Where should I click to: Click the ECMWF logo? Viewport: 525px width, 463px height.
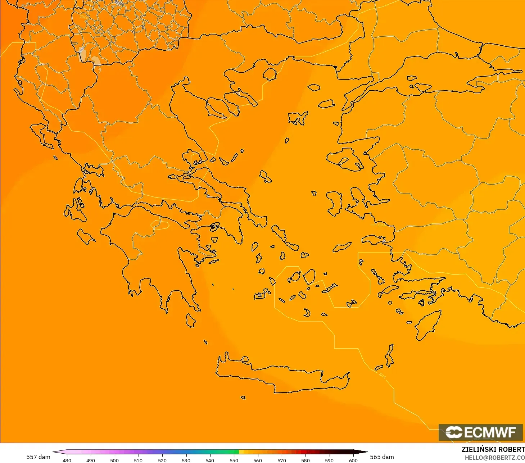coord(481,432)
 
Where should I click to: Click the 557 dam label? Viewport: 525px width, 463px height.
coord(38,457)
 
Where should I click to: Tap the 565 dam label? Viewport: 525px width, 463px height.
coord(382,457)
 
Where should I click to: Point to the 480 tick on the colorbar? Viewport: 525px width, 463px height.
coord(67,460)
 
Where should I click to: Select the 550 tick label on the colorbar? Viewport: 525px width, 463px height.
coord(234,460)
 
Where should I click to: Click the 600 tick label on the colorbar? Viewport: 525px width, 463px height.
coord(353,460)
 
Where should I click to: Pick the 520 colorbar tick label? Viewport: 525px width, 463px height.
coord(162,460)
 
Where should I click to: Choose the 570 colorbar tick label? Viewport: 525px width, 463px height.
coord(282,460)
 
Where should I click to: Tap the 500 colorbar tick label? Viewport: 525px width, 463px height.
coord(114,460)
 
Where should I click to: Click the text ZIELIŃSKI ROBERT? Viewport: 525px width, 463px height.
coord(493,449)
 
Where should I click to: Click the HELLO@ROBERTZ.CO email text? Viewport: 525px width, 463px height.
coord(494,458)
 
